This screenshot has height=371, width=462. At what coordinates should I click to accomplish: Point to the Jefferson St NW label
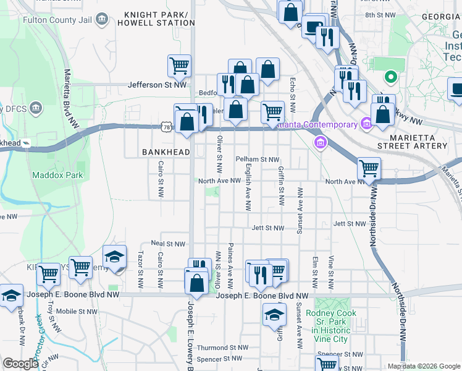[x=157, y=85]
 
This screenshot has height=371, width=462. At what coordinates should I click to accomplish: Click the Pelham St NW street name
[x=258, y=160]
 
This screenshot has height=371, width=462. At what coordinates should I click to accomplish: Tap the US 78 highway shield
[x=167, y=126]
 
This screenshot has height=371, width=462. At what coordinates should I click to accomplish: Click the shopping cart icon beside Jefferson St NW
[x=179, y=66]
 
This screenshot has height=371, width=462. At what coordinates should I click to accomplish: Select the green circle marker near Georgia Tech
[x=390, y=77]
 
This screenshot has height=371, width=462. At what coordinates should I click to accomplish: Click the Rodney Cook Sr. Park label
[x=327, y=322]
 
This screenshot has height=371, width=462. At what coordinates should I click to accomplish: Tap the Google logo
[x=20, y=364]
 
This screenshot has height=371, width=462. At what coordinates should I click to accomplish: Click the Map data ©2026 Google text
[x=423, y=366]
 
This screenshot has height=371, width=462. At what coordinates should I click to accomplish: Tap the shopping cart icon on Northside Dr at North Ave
[x=369, y=168]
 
